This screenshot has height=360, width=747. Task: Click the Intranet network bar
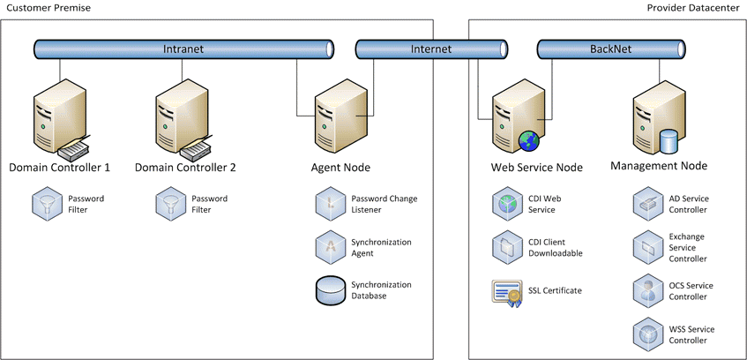pos(183,49)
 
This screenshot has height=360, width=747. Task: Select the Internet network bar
pos(430,49)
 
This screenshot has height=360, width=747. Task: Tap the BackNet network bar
pos(610,49)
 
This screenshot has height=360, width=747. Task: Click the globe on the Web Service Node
pos(528,141)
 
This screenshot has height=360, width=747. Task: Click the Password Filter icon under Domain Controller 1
pos(42,205)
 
